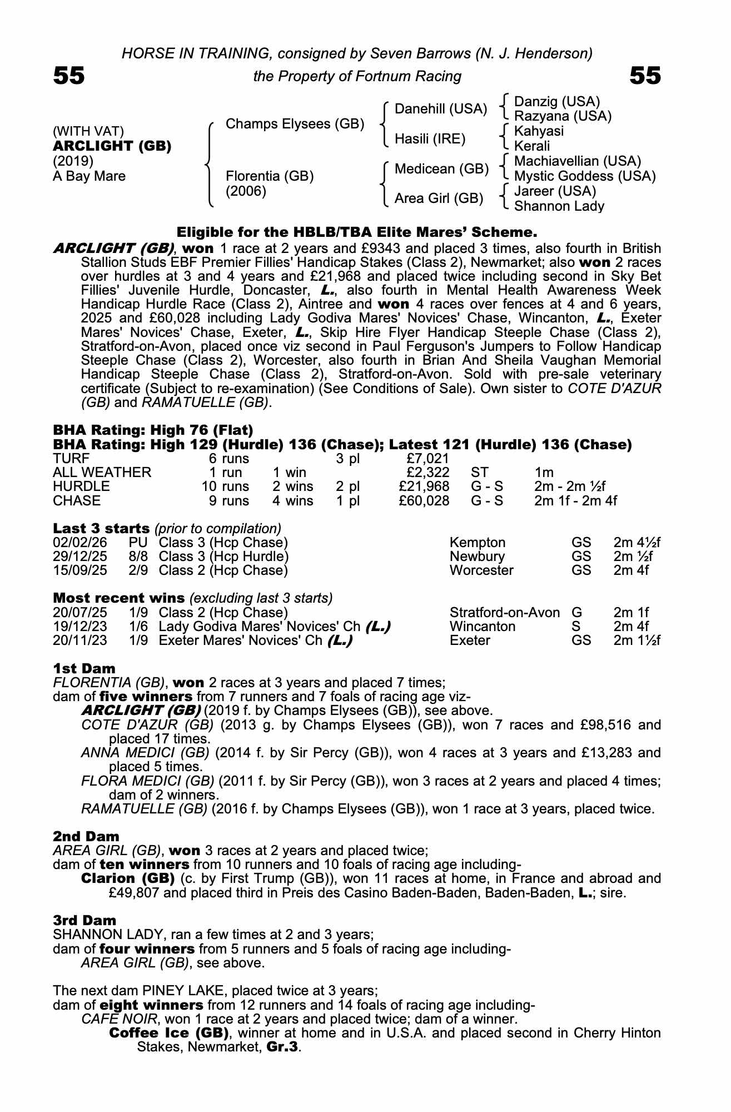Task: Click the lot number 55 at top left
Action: click(x=69, y=76)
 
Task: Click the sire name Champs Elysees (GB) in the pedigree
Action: click(x=295, y=123)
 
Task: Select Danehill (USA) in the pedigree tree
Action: click(x=440, y=109)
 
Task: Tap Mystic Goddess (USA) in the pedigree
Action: click(x=585, y=176)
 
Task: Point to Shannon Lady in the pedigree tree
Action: click(x=559, y=206)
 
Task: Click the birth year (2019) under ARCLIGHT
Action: click(x=73, y=161)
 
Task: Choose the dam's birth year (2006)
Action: click(x=246, y=191)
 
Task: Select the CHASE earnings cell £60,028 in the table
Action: click(x=424, y=500)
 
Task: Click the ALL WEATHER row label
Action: click(x=102, y=473)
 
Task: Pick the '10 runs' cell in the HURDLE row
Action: click(x=225, y=487)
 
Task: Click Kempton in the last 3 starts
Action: click(x=478, y=543)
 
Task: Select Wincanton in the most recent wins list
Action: click(x=482, y=627)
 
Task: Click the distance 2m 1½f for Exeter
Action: click(x=637, y=641)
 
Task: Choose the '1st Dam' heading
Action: click(x=84, y=668)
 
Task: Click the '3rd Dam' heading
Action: click(x=84, y=920)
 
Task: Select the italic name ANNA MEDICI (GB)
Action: click(x=145, y=753)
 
